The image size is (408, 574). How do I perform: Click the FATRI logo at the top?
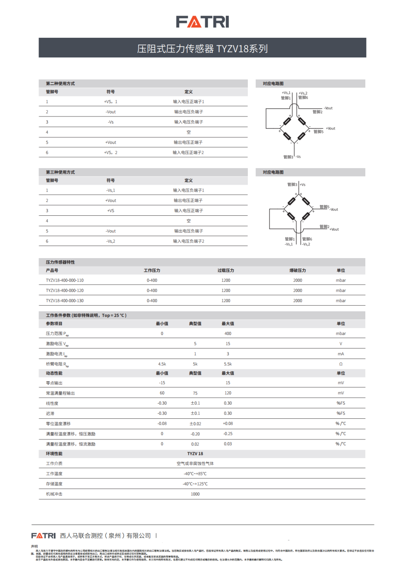(202, 22)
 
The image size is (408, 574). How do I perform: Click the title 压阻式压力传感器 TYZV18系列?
(202, 49)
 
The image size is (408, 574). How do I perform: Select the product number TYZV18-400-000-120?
(65, 291)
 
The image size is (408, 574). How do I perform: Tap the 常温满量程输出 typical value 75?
(195, 393)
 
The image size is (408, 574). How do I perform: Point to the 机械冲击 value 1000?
(195, 494)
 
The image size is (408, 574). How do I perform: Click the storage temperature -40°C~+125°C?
(195, 484)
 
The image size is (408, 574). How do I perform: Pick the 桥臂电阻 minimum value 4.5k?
(162, 364)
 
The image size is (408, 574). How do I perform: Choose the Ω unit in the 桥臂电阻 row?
(341, 364)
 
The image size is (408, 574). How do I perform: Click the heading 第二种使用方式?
(60, 84)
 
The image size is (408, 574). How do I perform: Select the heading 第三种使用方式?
(60, 172)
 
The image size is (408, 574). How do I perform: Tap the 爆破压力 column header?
(298, 271)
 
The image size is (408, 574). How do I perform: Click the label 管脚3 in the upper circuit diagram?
(288, 157)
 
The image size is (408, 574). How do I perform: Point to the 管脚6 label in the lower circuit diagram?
(307, 239)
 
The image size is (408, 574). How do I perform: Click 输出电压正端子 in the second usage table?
(188, 142)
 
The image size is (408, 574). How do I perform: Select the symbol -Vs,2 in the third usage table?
(111, 241)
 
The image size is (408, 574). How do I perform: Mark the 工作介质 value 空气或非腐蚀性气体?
(195, 463)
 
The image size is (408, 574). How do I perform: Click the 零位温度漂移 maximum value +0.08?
(228, 424)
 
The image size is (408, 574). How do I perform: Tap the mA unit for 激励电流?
(341, 354)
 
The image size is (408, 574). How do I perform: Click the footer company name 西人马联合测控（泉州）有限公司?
(105, 535)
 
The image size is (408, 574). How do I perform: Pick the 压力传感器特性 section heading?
(60, 262)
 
